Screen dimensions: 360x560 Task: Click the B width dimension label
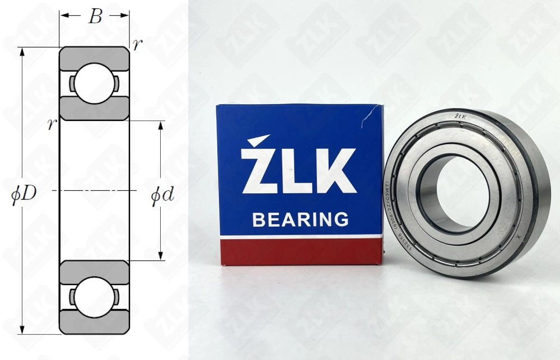[x=95, y=16]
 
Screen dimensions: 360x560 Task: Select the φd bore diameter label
[x=162, y=194]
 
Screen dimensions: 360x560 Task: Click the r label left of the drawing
[x=52, y=124]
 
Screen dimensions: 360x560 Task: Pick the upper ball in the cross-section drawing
[x=94, y=83]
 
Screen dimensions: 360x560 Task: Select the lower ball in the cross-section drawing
[x=94, y=297]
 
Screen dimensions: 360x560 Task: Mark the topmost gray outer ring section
[x=94, y=56]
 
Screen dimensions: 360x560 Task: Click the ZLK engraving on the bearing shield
[x=460, y=116]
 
